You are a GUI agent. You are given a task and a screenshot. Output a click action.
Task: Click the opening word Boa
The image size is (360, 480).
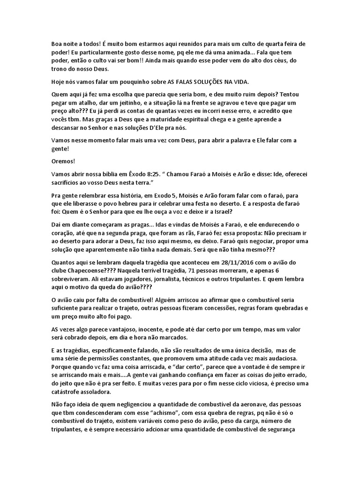pos(58,44)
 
